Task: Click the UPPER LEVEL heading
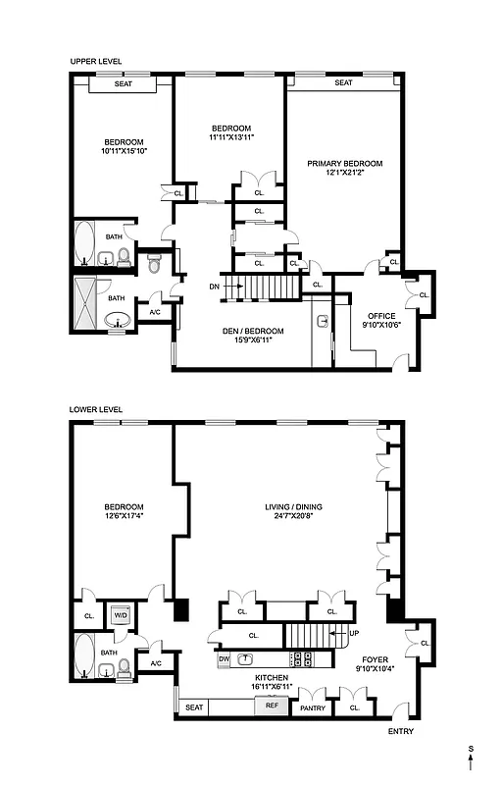coord(95,61)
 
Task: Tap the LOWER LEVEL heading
coord(96,408)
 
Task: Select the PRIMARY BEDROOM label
coord(344,163)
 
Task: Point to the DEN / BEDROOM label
coord(253,330)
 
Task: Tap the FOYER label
coord(376,659)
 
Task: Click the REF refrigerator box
coord(271,706)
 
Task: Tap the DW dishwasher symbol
coord(224,658)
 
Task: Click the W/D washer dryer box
coord(121,615)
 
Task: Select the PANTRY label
coord(313,706)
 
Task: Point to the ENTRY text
coord(400,731)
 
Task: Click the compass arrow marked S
coord(471,759)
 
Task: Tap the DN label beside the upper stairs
coord(215,287)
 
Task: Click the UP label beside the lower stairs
coord(354,633)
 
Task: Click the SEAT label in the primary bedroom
coord(343,83)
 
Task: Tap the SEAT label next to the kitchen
coord(194,706)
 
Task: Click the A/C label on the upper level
coord(155,313)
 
